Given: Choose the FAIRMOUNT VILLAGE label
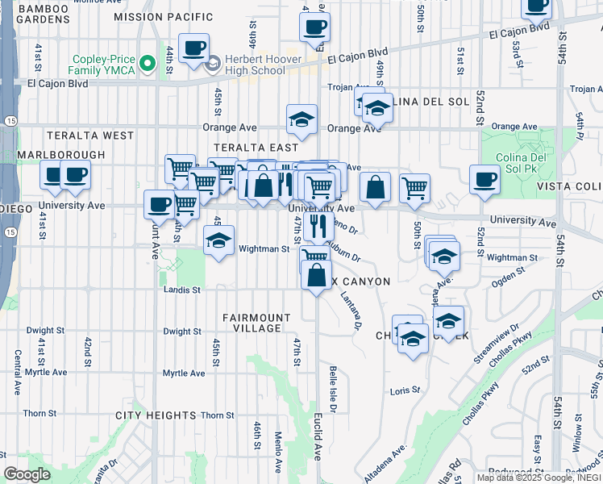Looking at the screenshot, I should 256,323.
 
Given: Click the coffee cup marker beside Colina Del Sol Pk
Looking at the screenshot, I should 485,178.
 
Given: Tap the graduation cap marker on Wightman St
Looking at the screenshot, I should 218,240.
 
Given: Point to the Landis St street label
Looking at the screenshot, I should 181,289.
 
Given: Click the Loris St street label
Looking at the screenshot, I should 405,390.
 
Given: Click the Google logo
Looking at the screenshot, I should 27,474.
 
